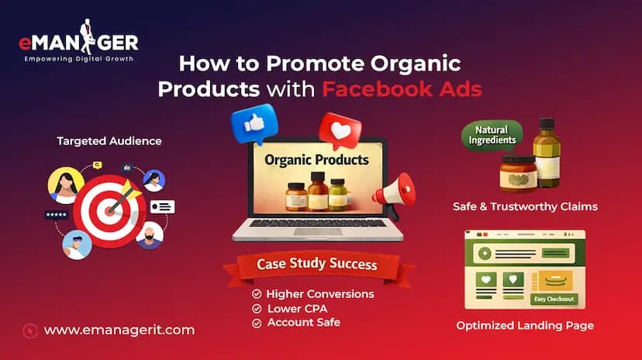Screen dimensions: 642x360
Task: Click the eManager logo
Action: point(78,41)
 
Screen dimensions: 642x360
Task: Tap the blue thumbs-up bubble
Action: point(254,123)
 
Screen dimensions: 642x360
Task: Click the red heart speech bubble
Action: point(340,130)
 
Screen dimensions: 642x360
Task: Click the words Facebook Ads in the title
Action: point(402,89)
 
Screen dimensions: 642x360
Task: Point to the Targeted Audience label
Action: point(109,141)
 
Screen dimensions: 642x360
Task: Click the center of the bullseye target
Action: point(109,211)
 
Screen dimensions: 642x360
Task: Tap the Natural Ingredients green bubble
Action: point(492,136)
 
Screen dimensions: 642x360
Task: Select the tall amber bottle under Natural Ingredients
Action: point(547,153)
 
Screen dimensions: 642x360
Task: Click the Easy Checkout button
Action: point(554,299)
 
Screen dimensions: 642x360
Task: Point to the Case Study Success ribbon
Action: point(317,265)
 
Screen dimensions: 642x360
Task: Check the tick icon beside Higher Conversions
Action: point(257,293)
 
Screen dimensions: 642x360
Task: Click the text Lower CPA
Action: point(297,308)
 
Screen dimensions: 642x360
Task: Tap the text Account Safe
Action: point(304,322)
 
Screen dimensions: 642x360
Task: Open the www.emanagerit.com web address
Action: point(119,330)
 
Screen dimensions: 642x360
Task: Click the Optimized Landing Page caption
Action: point(525,326)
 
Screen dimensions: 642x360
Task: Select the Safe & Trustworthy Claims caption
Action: point(525,206)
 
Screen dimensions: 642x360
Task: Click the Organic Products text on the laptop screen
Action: point(316,160)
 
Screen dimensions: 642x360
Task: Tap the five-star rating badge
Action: point(56,215)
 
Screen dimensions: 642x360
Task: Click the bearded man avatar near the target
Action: point(150,236)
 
